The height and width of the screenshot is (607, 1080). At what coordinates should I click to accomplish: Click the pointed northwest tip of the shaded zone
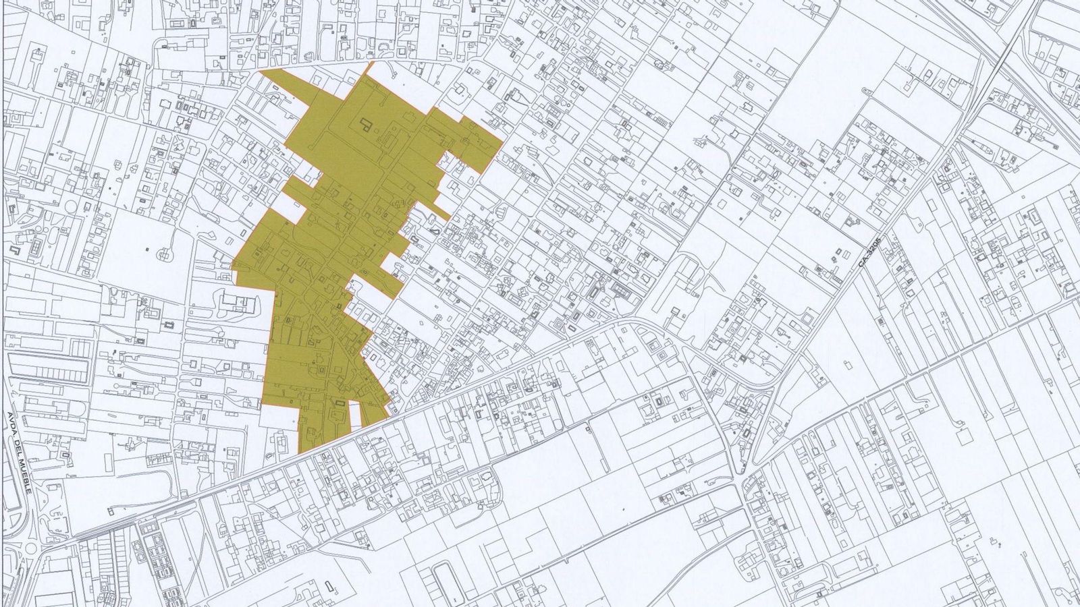pyautogui.click(x=261, y=70)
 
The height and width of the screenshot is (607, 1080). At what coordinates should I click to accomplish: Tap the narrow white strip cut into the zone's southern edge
pyautogui.click(x=355, y=415)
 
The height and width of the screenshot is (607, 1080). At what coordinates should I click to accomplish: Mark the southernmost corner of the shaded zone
pyautogui.click(x=302, y=453)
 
